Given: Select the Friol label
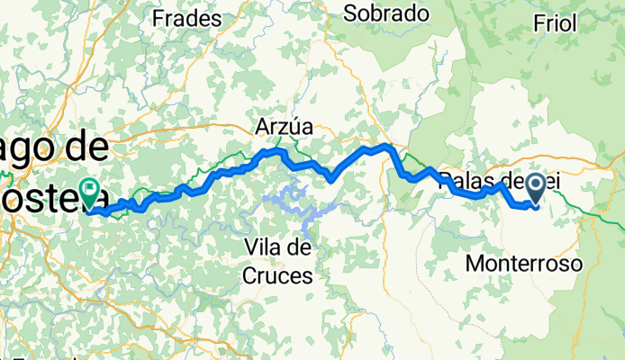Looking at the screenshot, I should tap(555, 23).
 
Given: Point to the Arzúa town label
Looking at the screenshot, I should tap(282, 128).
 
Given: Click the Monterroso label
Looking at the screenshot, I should tap(525, 263).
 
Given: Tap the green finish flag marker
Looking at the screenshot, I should tap(90, 191).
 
